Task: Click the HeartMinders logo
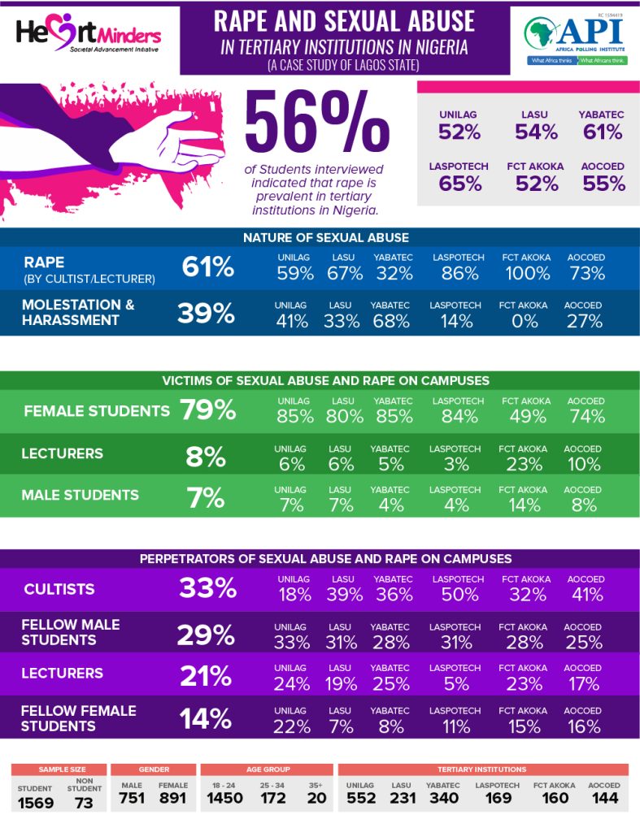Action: pos(89,35)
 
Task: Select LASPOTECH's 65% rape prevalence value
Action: pos(459,183)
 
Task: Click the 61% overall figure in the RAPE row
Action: pos(208,267)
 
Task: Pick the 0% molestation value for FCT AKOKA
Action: pos(525,321)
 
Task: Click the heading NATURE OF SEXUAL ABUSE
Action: pos(325,237)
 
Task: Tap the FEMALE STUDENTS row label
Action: pos(97,411)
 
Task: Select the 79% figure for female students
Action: pos(208,410)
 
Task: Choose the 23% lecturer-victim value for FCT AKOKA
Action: pos(525,464)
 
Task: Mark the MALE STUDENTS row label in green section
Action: pos(80,495)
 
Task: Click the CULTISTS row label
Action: pos(59,589)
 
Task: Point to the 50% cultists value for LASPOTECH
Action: pos(459,595)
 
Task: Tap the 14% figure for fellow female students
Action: pos(206,718)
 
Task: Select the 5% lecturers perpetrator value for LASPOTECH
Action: pos(456,683)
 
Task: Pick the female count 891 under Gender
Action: pos(172,798)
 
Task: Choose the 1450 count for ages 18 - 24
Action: pos(224,798)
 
